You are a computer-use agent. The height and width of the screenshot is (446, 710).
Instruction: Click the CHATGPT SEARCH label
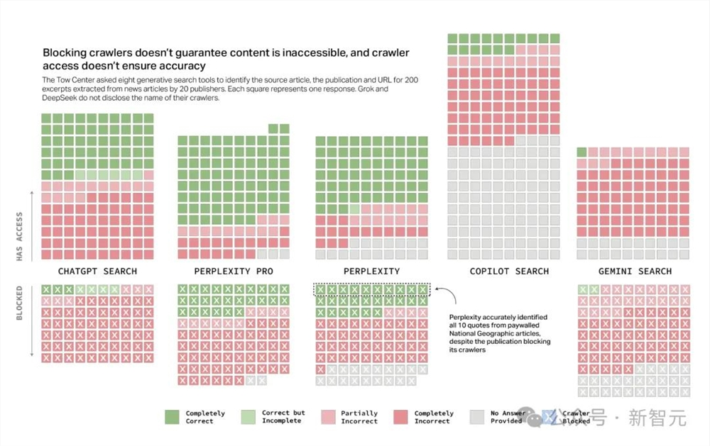97,272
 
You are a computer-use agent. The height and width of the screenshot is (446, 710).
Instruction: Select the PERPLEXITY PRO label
233,272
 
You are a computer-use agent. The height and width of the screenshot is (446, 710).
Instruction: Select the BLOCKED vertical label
20,303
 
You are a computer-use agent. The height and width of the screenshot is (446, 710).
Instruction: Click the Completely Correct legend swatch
173,417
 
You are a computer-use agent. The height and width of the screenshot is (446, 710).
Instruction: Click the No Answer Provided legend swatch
476,417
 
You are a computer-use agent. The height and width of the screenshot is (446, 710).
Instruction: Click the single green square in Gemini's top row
581,152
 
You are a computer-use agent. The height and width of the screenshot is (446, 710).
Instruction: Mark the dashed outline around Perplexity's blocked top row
372,283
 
